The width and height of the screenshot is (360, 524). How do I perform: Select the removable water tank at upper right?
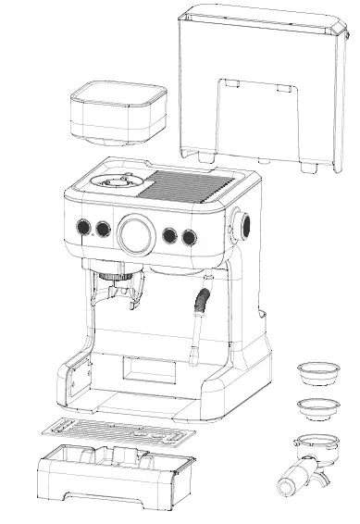pyautogui.click(x=264, y=83)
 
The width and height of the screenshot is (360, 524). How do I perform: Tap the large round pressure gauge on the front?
pyautogui.click(x=136, y=232)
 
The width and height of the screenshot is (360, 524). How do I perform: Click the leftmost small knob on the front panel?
pyautogui.click(x=81, y=228)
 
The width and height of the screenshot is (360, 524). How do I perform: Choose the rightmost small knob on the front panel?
pyautogui.click(x=190, y=236)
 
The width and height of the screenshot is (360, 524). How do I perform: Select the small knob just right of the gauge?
pyautogui.click(x=170, y=235)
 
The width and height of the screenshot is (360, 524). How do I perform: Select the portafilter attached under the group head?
pyautogui.click(x=117, y=294)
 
